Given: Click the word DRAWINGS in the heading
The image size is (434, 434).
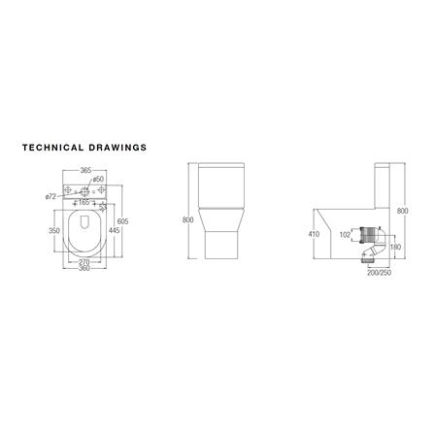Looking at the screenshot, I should point(116,149).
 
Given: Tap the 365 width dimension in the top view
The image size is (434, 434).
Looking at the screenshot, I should point(85,170).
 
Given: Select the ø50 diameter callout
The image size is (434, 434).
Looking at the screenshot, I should point(98,180).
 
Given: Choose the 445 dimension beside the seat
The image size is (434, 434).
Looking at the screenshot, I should point(114,231).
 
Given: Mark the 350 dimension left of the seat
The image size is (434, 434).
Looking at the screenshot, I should point(54,231).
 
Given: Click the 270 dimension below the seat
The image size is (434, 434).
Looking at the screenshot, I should point(84,261).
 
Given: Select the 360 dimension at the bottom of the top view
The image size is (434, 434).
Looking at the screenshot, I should point(84,269).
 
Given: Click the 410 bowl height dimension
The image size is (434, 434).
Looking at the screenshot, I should point(314,234).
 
